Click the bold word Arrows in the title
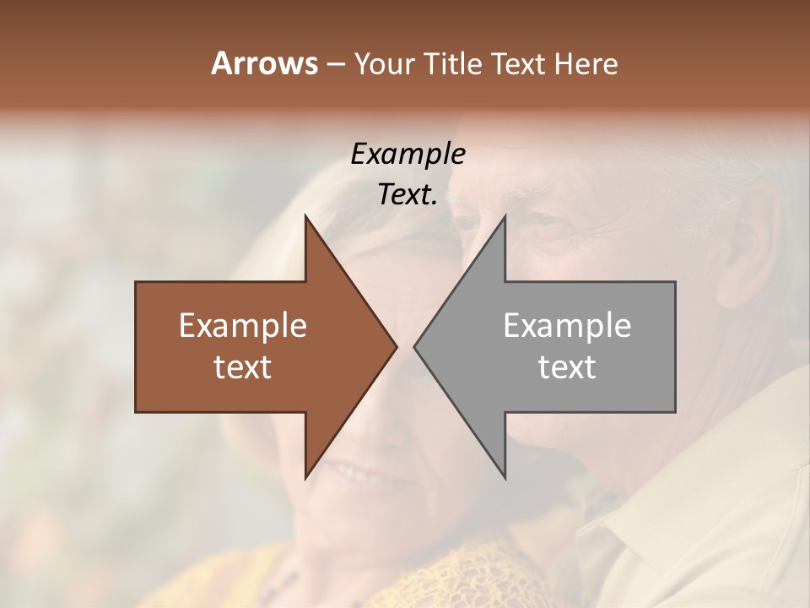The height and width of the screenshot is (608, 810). (x=265, y=63)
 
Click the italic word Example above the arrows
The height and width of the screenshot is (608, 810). (x=408, y=155)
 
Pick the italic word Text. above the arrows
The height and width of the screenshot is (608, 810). (x=408, y=195)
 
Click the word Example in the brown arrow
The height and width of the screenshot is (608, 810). (x=243, y=326)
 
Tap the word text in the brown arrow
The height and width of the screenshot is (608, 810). (x=243, y=366)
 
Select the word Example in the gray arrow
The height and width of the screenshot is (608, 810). (x=567, y=326)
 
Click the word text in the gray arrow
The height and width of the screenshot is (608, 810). (x=567, y=366)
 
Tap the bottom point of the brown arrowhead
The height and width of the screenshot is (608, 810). (x=306, y=476)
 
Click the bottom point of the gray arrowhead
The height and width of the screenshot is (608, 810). (x=504, y=476)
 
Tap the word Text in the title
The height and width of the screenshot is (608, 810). (x=517, y=64)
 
